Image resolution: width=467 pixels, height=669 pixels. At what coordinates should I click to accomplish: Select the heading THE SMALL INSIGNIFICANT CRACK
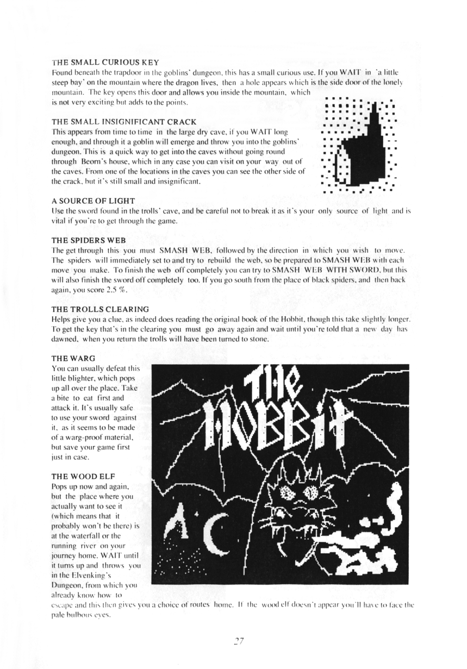124,122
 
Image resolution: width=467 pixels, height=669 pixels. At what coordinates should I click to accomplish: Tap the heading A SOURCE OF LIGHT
93,201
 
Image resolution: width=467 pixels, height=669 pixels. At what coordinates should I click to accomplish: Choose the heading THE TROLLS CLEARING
100,309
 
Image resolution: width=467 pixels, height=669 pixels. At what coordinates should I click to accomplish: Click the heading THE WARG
73,358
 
